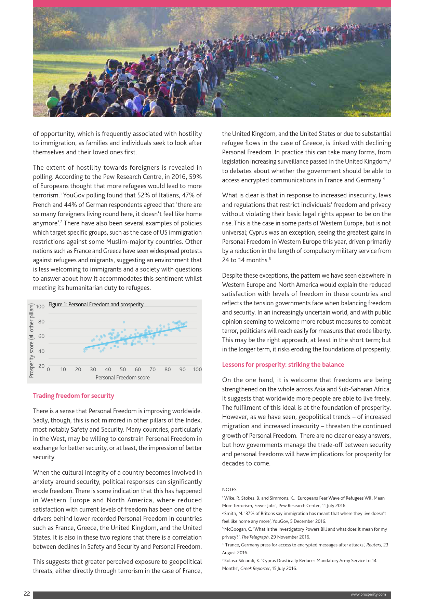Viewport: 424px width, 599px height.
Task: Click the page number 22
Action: (x=27, y=594)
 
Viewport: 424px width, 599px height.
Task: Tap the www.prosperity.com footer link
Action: (x=368, y=594)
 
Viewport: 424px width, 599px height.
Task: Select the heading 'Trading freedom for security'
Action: (x=74, y=395)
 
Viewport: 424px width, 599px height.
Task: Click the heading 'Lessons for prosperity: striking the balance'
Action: (x=283, y=364)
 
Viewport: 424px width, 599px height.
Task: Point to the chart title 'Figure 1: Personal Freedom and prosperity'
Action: (x=96, y=304)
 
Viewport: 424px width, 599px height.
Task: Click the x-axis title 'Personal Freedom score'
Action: (x=122, y=377)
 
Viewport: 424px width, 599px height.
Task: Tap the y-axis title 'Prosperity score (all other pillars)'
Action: (x=31, y=340)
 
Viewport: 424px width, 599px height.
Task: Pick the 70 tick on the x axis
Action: (x=153, y=370)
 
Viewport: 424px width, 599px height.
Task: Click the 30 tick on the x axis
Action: (x=93, y=370)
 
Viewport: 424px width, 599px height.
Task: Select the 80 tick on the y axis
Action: (x=41, y=321)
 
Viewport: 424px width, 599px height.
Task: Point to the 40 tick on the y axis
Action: (x=41, y=351)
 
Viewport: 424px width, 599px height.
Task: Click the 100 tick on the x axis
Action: (x=197, y=370)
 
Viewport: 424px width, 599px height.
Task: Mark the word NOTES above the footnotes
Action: (x=229, y=489)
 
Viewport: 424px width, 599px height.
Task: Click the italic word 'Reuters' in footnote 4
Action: (x=373, y=545)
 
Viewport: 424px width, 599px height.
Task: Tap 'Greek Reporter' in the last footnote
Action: (x=255, y=568)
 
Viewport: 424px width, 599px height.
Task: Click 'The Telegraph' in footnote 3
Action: (x=255, y=537)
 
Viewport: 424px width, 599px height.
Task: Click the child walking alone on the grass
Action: (x=218, y=104)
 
